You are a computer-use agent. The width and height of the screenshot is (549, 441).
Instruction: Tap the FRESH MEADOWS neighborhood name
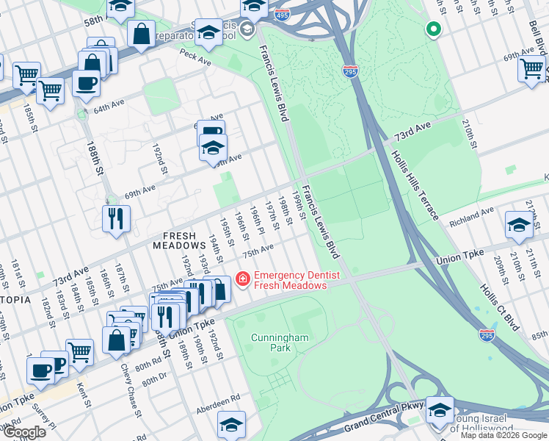179,240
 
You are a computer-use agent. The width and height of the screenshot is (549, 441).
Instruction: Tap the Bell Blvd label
536,34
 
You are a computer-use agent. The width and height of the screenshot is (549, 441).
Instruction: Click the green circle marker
433,29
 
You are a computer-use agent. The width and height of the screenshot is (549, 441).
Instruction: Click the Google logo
25,432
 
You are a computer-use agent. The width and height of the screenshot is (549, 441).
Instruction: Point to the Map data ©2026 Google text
503,435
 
